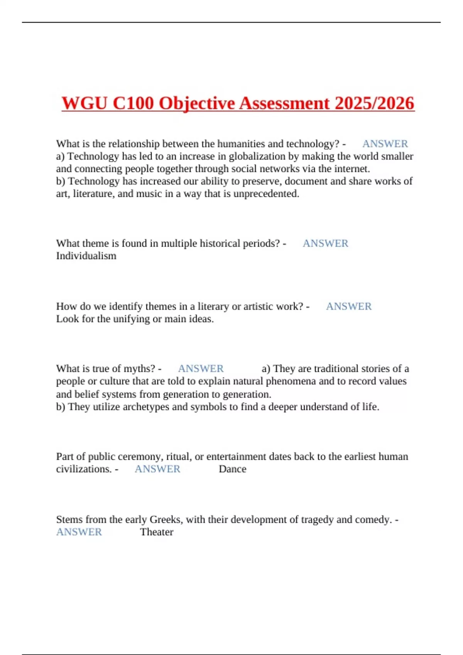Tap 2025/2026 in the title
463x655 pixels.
[x=375, y=103]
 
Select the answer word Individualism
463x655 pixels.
[x=86, y=256]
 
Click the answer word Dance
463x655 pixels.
[x=232, y=469]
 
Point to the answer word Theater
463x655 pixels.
[x=157, y=532]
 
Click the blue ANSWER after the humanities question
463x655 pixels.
[x=385, y=144]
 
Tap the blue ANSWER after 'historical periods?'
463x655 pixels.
[x=325, y=244]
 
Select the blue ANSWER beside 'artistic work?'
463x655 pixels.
[x=349, y=306]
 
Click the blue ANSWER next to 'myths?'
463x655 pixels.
[x=201, y=369]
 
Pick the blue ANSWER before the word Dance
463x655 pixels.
[x=157, y=469]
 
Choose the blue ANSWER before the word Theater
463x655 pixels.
[x=79, y=532]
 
